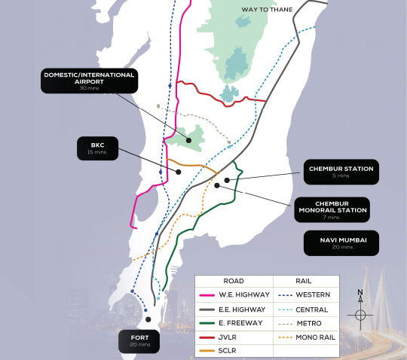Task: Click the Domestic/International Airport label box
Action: click(x=89, y=81)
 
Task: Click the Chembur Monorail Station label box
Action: click(x=332, y=209)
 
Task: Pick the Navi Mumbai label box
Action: click(x=341, y=243)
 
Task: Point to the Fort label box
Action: click(x=140, y=340)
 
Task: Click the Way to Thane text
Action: click(x=267, y=9)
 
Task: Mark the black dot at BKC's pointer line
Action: click(x=179, y=172)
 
